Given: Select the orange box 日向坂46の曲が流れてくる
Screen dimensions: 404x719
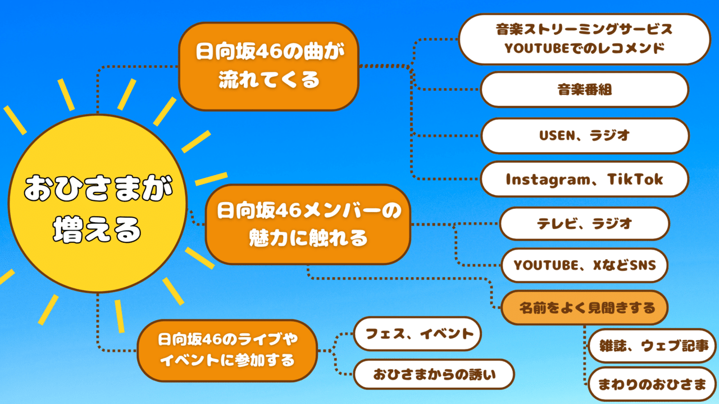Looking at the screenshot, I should (x=269, y=66).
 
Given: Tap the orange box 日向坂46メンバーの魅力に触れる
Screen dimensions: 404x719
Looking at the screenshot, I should (x=308, y=225).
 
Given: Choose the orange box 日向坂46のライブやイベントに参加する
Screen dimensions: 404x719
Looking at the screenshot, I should (x=227, y=350).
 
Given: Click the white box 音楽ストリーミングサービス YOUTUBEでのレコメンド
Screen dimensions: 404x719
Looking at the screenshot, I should (x=585, y=38).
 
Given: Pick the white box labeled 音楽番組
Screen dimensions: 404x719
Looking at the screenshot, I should (x=584, y=89).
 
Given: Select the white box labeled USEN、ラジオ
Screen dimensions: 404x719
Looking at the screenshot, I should (x=584, y=135).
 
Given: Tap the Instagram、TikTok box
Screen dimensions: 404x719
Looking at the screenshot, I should (x=584, y=179).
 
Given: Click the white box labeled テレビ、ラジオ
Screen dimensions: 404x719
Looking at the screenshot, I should (x=584, y=223).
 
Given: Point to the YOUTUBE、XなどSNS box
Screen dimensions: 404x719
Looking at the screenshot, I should (x=584, y=265).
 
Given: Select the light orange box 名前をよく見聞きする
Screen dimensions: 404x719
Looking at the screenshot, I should (x=584, y=307).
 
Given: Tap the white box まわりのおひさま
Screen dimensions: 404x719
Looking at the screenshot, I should (x=652, y=384).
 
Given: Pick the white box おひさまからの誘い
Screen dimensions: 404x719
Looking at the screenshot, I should (x=434, y=374).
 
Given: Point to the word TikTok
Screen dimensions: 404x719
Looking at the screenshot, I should (x=635, y=179).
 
